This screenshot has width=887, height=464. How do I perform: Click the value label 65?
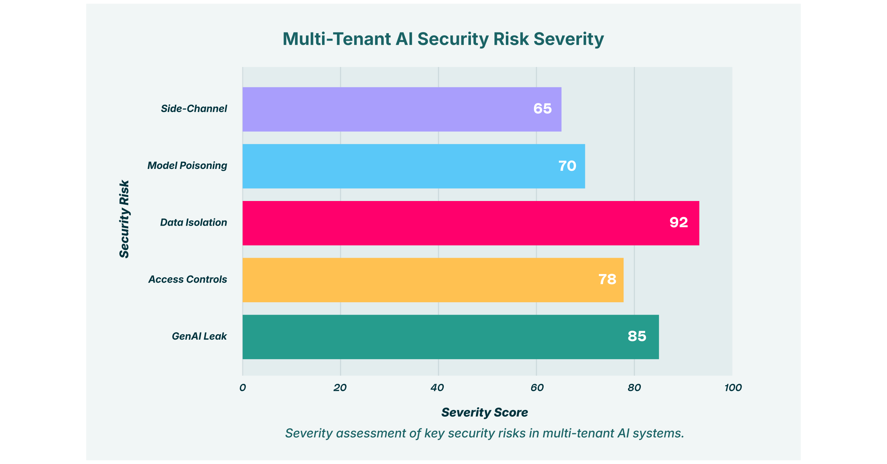click(x=543, y=109)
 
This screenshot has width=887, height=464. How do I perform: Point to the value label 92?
click(x=679, y=223)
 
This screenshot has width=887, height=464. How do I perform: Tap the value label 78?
click(x=607, y=279)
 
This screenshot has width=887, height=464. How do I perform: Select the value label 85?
click(x=637, y=336)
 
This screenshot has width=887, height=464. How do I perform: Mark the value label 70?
click(x=567, y=166)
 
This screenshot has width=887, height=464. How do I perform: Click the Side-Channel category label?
click(x=194, y=109)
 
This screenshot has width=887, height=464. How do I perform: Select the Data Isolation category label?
click(x=193, y=223)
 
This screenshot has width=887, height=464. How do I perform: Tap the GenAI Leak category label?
click(x=199, y=336)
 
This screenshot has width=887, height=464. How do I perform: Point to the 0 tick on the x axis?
click(x=243, y=388)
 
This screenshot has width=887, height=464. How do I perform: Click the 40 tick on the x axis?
click(x=438, y=388)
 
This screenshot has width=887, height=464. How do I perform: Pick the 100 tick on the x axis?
click(x=733, y=388)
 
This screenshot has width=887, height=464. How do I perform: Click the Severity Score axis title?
click(x=484, y=413)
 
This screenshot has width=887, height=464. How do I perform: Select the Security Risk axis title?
click(x=124, y=219)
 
